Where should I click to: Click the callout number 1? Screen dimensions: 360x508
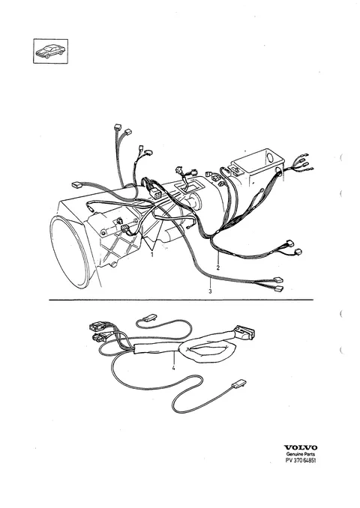pos(151,255)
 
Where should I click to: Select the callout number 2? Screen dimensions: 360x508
pos(218,267)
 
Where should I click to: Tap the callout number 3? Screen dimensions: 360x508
pos(210,291)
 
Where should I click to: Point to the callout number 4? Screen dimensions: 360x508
pos(173,368)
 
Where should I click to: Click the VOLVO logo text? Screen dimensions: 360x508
pos(300,448)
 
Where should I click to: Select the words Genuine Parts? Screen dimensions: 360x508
pos(300,454)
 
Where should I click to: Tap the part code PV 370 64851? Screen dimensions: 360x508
pos(300,460)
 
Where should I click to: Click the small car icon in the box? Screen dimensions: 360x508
pos(50,51)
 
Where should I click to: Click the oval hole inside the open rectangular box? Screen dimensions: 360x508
pos(270,157)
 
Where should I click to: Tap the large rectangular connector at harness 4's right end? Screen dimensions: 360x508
pos(244,333)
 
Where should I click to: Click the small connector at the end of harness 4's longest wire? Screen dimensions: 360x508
pos(239,384)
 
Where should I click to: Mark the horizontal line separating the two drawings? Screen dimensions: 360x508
pos(181,300)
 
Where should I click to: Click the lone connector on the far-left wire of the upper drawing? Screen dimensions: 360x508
pos(76,185)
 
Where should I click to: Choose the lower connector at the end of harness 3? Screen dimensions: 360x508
pos(279,288)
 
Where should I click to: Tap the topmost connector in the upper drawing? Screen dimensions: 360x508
pos(118,127)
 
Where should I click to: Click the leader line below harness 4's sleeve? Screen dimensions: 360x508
pos(174,358)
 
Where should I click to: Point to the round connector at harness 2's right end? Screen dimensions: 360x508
pos(298,252)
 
